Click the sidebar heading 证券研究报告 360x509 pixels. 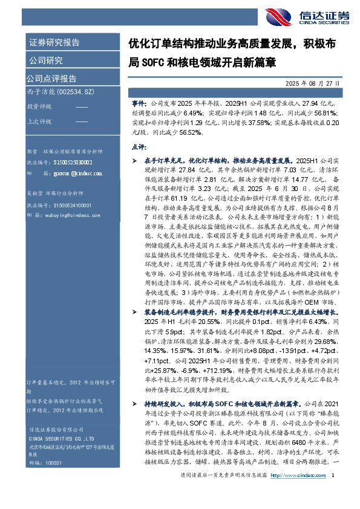click(x=54, y=43)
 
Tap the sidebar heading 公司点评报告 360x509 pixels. click(x=51, y=78)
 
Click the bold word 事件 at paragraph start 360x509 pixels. click(x=139, y=104)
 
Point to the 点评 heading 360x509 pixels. click(x=139, y=146)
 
